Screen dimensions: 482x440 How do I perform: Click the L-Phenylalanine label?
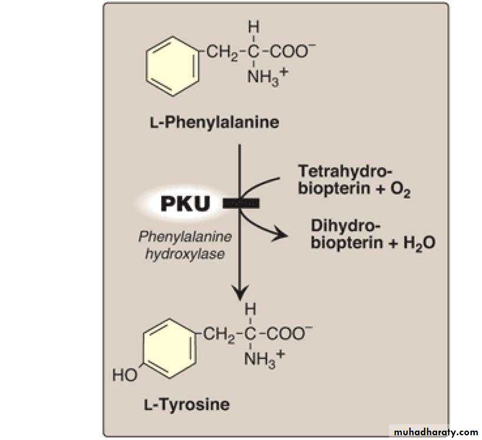[214, 123]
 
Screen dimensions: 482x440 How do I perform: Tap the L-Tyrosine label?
[187, 404]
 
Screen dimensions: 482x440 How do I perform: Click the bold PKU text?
[185, 204]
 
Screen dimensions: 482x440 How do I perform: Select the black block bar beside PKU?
[241, 204]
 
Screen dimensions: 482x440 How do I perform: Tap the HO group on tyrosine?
[125, 375]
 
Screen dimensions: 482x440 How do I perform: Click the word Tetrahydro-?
[345, 171]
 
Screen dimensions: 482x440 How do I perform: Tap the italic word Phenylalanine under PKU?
[185, 237]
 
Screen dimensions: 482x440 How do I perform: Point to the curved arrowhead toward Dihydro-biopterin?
[280, 235]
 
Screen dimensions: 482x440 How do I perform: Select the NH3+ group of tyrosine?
[264, 358]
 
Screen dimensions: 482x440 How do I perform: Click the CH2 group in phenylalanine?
[221, 52]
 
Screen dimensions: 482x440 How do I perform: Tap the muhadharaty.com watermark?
[436, 432]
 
